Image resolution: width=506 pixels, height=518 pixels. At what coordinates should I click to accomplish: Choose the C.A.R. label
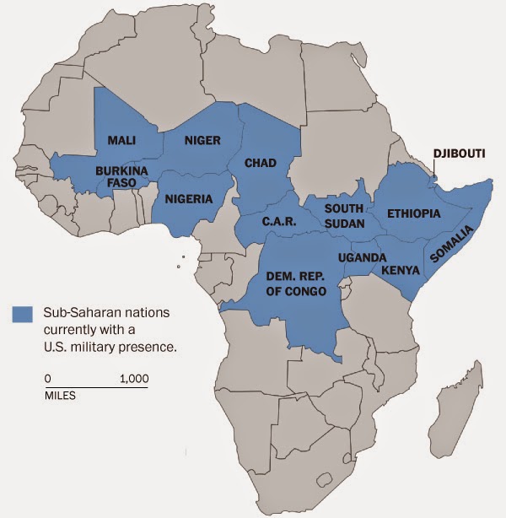point(277,222)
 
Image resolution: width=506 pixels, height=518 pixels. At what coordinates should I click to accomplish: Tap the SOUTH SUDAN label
point(344,216)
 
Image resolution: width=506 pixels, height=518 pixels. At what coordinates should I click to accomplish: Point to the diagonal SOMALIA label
point(453,244)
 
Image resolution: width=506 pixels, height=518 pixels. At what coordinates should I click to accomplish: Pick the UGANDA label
point(362,256)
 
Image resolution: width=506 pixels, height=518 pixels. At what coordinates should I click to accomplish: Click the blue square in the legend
point(22,314)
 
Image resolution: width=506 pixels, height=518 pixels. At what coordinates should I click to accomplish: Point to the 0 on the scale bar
point(48,379)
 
